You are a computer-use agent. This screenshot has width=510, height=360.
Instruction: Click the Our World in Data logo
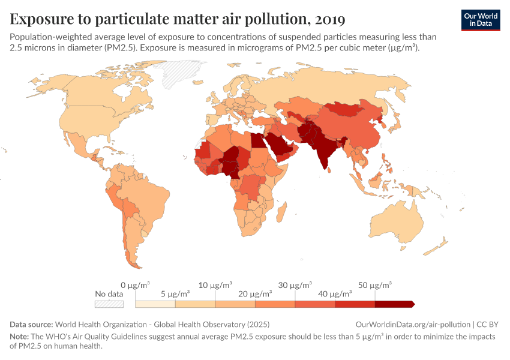pyautogui.click(x=480, y=19)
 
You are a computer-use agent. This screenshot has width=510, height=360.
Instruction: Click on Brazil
pyautogui.click(x=146, y=198)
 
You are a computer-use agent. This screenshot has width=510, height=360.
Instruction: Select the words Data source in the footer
pyautogui.click(x=31, y=324)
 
